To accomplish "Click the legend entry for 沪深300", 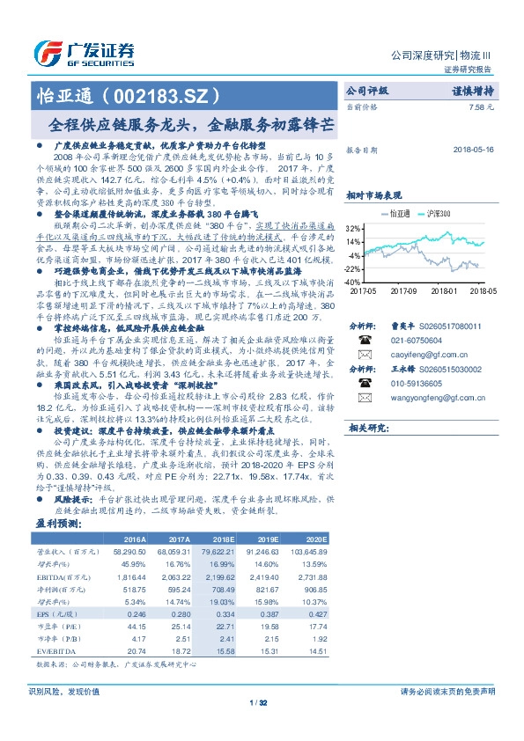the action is tap(434, 213).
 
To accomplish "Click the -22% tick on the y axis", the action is tap(351, 269).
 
